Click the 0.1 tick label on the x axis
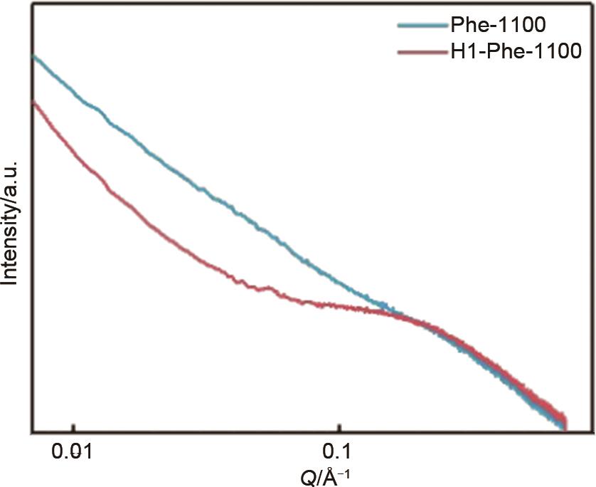click(340, 451)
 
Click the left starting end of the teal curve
click(33, 56)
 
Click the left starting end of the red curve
click(33, 103)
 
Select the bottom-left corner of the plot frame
click(31, 431)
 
